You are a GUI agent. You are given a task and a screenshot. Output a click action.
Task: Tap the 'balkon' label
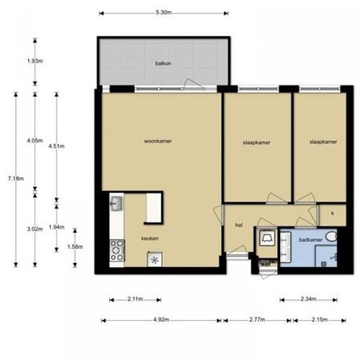163,63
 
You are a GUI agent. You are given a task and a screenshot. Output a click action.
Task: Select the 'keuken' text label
149,238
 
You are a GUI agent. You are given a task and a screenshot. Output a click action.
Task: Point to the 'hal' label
239,225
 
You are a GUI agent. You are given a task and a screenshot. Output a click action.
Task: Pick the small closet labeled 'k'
333,213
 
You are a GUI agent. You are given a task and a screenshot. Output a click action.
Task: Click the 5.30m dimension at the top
164,12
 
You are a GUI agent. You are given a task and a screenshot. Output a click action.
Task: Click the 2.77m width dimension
257,320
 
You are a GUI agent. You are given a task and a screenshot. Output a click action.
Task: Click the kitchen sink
117,204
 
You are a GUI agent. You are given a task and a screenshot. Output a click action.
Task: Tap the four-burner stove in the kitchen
117,249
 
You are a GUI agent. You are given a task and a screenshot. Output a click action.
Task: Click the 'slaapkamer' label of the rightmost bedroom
323,141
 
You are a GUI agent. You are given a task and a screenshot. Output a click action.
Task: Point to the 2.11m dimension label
135,299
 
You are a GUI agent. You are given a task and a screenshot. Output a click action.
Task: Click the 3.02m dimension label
35,228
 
